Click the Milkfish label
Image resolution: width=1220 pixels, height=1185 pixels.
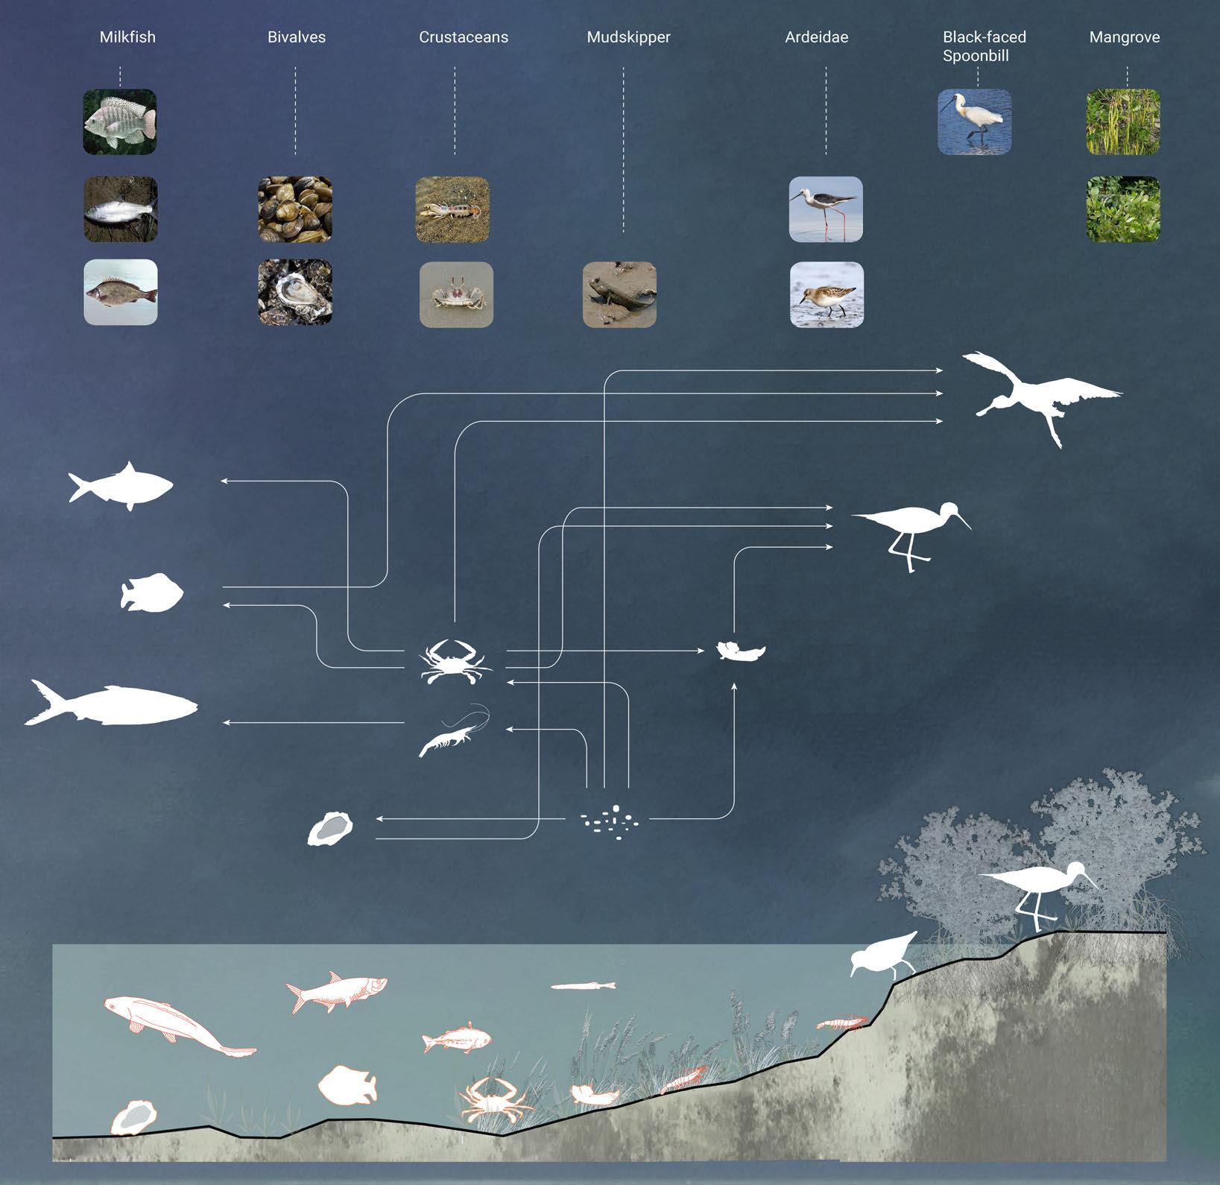tap(127, 37)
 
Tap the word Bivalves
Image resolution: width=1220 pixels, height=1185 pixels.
tap(297, 37)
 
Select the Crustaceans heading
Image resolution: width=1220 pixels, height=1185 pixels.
tap(464, 37)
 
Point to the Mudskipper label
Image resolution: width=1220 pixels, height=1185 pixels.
tap(628, 37)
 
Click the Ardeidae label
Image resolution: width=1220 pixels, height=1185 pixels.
tap(817, 37)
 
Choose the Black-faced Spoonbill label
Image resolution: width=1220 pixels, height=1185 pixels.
tap(984, 46)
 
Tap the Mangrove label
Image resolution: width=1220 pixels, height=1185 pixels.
tap(1125, 37)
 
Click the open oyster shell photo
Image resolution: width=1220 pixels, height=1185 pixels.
tap(295, 291)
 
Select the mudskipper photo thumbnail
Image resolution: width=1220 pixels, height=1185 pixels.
tap(619, 294)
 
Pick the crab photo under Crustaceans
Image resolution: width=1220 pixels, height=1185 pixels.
tap(456, 294)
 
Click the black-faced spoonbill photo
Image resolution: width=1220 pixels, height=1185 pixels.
tap(974, 121)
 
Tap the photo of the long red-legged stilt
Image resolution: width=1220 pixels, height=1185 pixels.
tap(826, 209)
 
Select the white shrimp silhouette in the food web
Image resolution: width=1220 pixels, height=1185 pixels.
tap(452, 734)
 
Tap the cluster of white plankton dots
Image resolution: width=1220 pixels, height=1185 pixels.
tap(610, 822)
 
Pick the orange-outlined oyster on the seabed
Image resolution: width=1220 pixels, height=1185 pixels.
tap(134, 1117)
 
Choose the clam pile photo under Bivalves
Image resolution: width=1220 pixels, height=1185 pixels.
tap(295, 209)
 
